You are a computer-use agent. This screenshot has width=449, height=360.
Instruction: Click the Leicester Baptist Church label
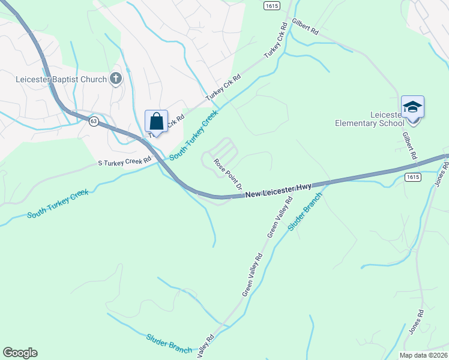click(x=61, y=79)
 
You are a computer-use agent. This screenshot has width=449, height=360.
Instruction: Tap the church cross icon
click(x=115, y=79)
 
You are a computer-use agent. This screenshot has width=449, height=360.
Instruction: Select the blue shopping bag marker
click(x=156, y=122)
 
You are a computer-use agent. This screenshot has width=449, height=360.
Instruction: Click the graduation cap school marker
click(x=412, y=107)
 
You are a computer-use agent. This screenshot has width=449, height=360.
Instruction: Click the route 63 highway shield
click(x=93, y=121)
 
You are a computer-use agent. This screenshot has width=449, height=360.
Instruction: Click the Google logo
click(x=20, y=353)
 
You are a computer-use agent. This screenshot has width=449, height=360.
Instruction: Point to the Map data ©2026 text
click(x=423, y=355)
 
